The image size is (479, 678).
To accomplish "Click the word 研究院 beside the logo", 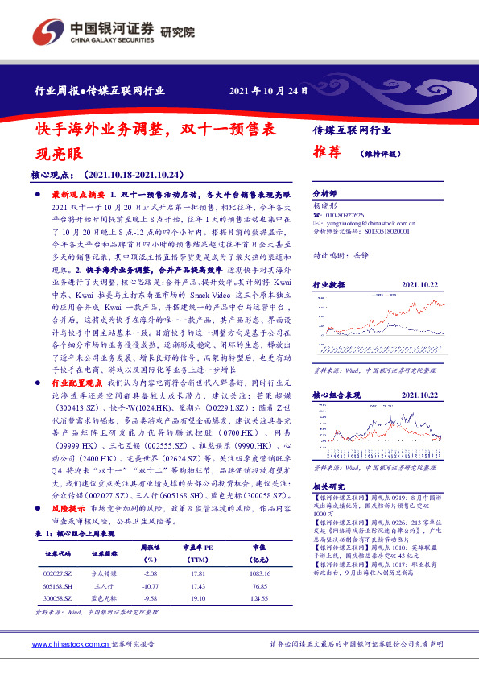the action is click(x=178, y=32).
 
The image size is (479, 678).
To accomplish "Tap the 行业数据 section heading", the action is click(x=328, y=283).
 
